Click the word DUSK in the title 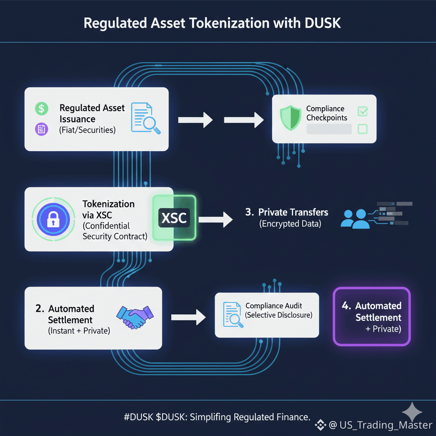pyautogui.click(x=323, y=23)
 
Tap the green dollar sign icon pyautogui.click(x=41, y=109)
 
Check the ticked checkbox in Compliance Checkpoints pyautogui.click(x=363, y=111)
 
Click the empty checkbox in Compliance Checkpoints pyautogui.click(x=363, y=128)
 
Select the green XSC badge pyautogui.click(x=174, y=218)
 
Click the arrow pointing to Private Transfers pyautogui.click(x=215, y=219)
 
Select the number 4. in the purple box pyautogui.click(x=347, y=306)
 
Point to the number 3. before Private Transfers pyautogui.click(x=250, y=212)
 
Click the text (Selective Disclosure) pyautogui.click(x=279, y=315)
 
